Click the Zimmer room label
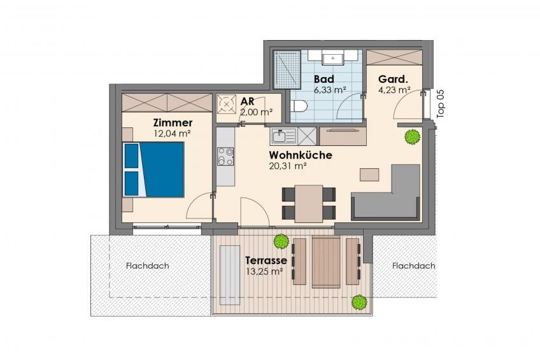point(173,122)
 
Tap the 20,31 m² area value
point(288,166)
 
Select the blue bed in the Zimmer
point(153,169)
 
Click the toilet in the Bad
point(298,106)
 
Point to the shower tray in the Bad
point(287,69)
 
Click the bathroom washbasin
point(332,58)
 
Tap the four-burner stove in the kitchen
point(225,156)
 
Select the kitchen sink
point(283,136)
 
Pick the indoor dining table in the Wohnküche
point(309,204)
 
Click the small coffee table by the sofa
point(369,175)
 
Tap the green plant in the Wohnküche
point(412,137)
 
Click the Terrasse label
point(266,260)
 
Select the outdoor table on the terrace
point(326,262)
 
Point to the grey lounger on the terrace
point(230,275)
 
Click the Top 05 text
point(441,104)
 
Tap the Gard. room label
point(393,79)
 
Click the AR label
point(247,101)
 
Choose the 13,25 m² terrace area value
point(264,271)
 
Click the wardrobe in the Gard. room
point(394,57)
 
